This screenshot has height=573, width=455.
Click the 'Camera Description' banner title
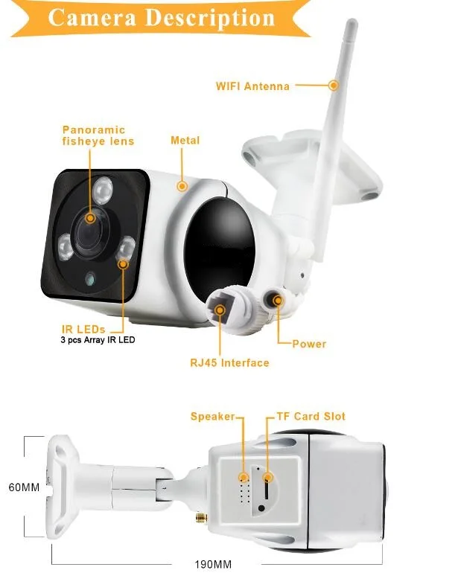point(162,18)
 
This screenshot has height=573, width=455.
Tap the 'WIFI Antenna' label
point(252,86)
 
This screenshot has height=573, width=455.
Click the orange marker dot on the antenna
point(333,85)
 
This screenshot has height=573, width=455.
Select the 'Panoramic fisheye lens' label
point(98,135)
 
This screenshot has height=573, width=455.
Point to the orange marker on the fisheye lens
point(90,219)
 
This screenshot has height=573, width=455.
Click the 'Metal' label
point(185,141)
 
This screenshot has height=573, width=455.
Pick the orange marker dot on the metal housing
point(182,186)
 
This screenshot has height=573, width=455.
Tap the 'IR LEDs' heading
point(83,329)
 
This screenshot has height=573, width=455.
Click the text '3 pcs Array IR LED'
point(98,340)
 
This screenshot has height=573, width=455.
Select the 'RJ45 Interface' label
point(229,363)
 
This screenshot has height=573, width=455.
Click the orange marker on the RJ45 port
point(220,310)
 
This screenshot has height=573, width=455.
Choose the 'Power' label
point(309,344)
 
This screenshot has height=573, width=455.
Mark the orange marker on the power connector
point(278,301)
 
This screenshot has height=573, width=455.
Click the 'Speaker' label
point(212,416)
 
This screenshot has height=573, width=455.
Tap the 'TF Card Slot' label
point(311,416)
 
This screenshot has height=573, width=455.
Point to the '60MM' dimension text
point(24,487)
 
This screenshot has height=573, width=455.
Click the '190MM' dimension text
point(213,564)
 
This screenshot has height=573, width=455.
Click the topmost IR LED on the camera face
point(103,190)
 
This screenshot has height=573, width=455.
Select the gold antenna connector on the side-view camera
point(201,517)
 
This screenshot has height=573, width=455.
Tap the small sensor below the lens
point(90,280)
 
